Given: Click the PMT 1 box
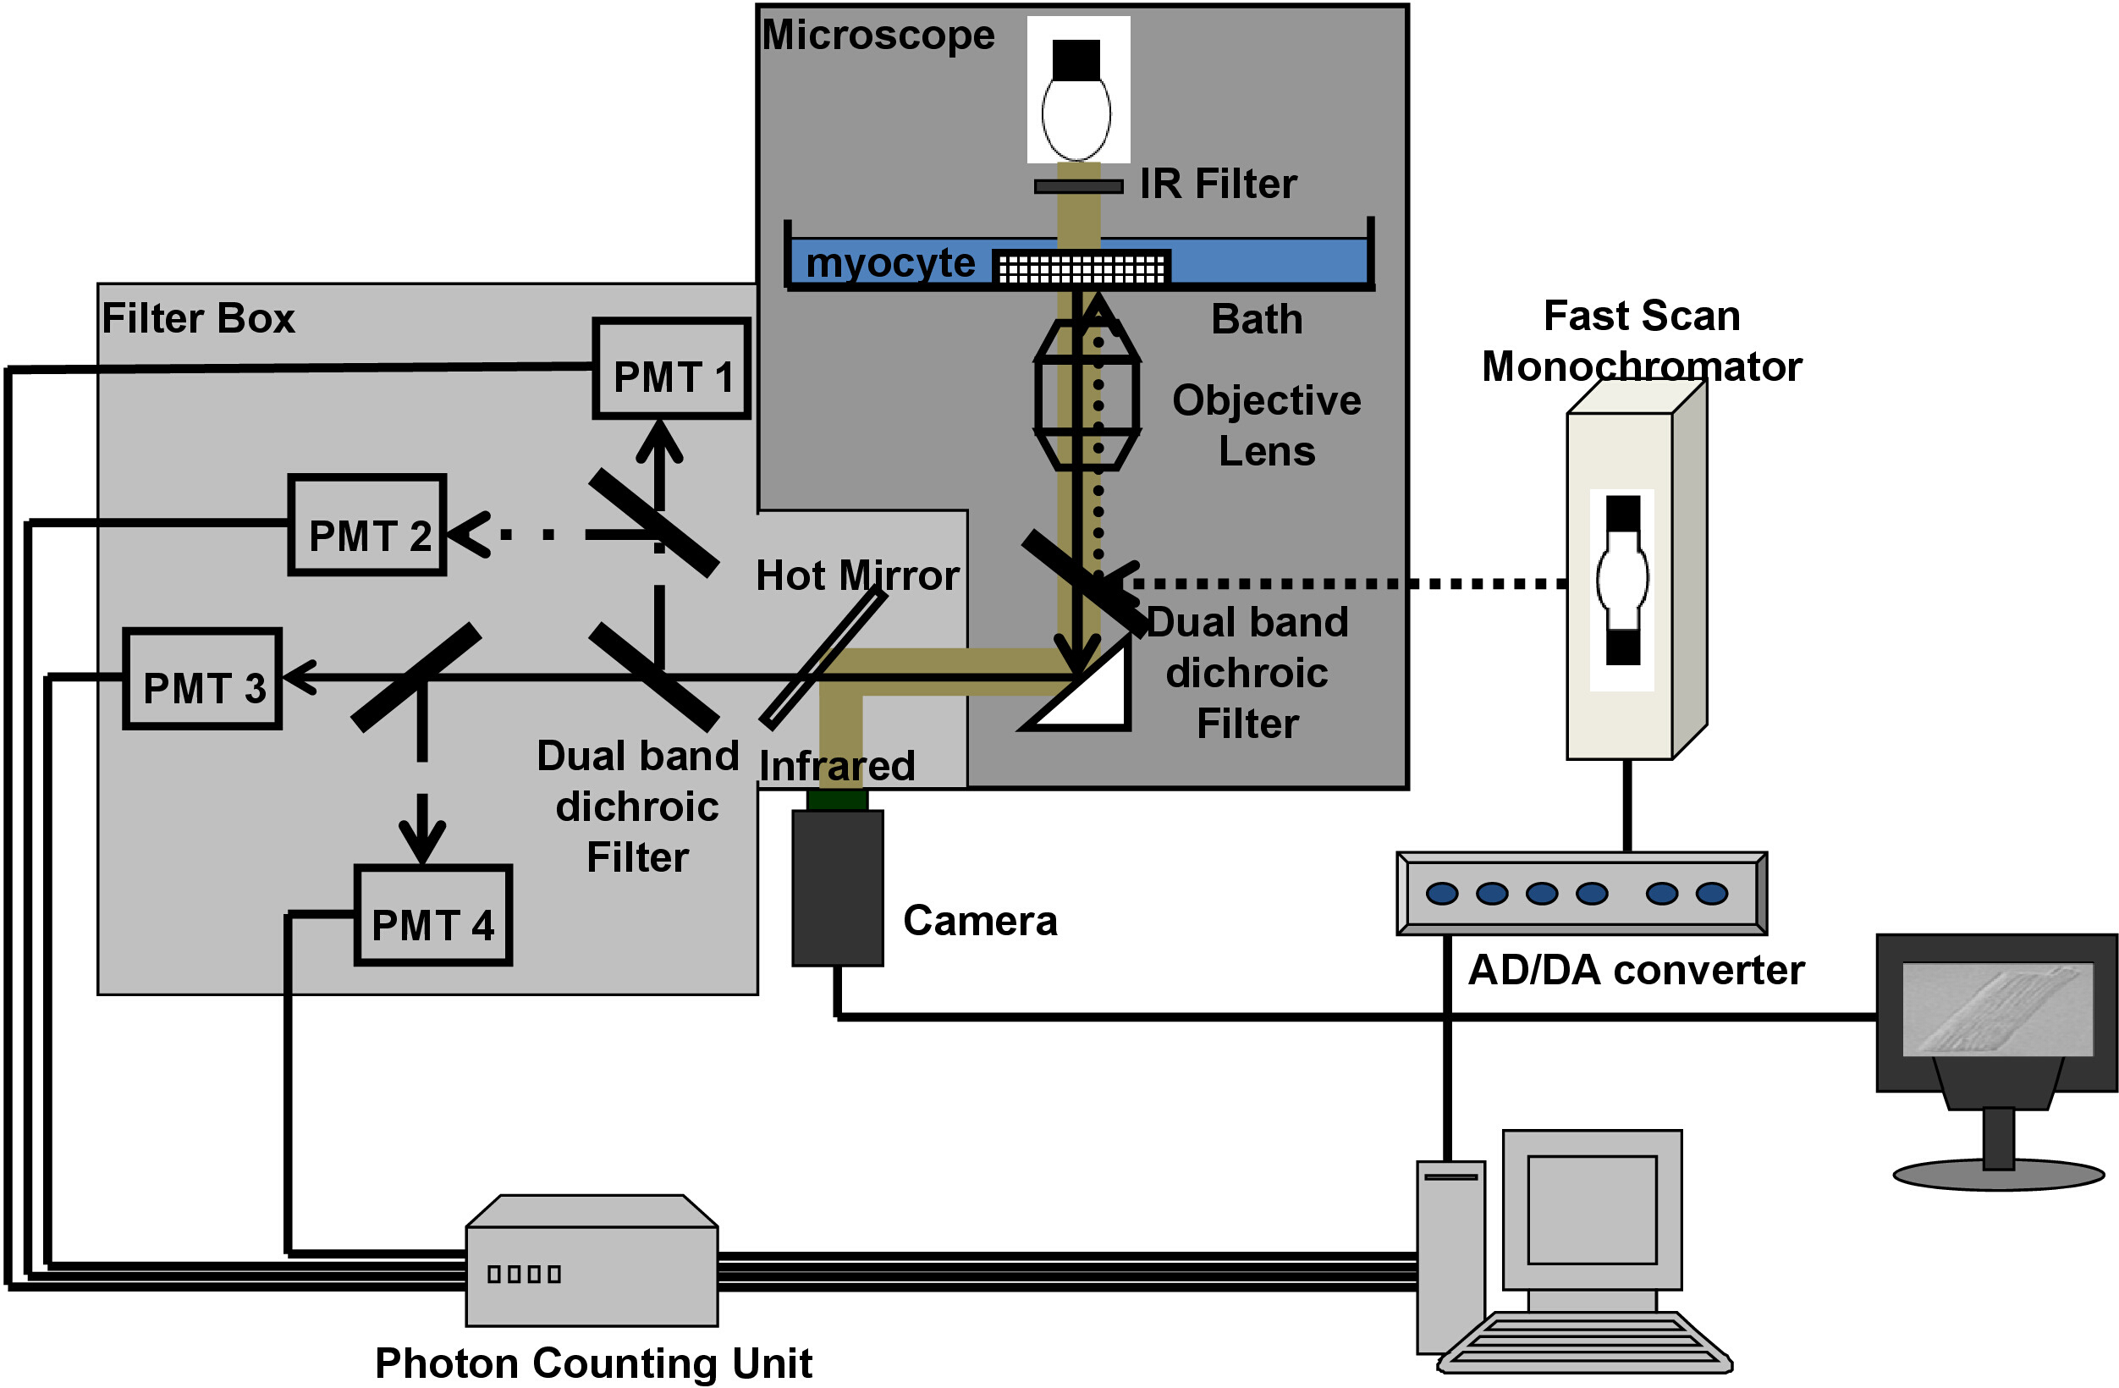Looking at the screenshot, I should coord(671,369).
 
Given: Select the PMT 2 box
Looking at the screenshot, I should coord(366,526).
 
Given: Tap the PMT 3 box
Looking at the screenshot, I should coord(203,680).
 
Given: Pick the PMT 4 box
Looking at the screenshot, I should coord(432,915).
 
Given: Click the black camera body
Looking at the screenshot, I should coord(837,888).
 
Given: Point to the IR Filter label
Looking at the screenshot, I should coord(1217,185).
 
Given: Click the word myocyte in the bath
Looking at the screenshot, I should coord(889,263).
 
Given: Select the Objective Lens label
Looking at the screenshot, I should coord(1266,426).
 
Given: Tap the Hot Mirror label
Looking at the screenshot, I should coord(856,576).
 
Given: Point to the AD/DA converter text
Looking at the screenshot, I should coord(1635,971).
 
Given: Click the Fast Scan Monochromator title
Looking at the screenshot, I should coord(1641,341).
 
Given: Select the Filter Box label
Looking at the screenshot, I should coord(198,319).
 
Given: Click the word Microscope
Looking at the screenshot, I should coord(878,36).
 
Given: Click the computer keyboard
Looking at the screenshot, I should coord(1585,1342).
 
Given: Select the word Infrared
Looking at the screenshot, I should coord(836,767).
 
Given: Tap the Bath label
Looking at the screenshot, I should coord(1257,320).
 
